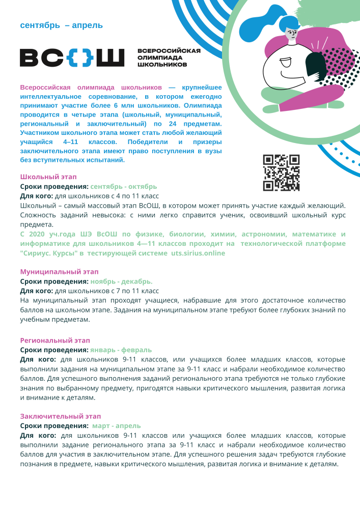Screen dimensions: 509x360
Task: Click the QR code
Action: [281, 173]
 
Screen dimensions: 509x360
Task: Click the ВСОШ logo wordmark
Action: [72, 58]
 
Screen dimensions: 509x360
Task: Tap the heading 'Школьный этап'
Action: [48, 177]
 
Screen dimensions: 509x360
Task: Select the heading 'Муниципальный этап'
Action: [59, 272]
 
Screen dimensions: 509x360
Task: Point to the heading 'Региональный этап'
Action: [55, 340]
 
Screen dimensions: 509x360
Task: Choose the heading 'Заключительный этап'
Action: [61, 416]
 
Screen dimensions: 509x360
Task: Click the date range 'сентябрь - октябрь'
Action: [124, 186]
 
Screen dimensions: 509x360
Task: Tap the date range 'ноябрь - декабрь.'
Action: [122, 281]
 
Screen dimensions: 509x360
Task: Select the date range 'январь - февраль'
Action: [121, 350]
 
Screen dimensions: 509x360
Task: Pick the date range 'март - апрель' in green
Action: [117, 426]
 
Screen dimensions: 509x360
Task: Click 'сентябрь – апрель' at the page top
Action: [62, 25]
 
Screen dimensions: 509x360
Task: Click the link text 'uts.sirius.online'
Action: [198, 253]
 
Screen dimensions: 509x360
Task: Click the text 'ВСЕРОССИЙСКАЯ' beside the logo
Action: [169, 50]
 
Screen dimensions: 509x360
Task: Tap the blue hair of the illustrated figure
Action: [265, 23]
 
